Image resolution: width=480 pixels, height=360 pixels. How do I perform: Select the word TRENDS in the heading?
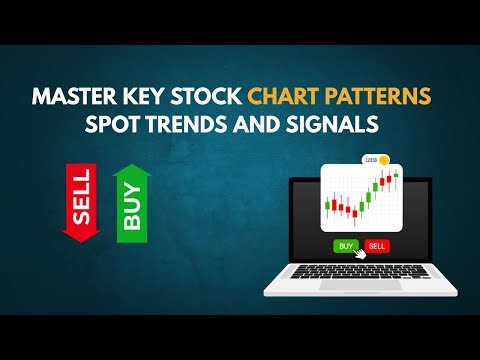[x=220, y=128]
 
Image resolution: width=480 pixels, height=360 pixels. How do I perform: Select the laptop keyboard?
[x=360, y=274]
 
